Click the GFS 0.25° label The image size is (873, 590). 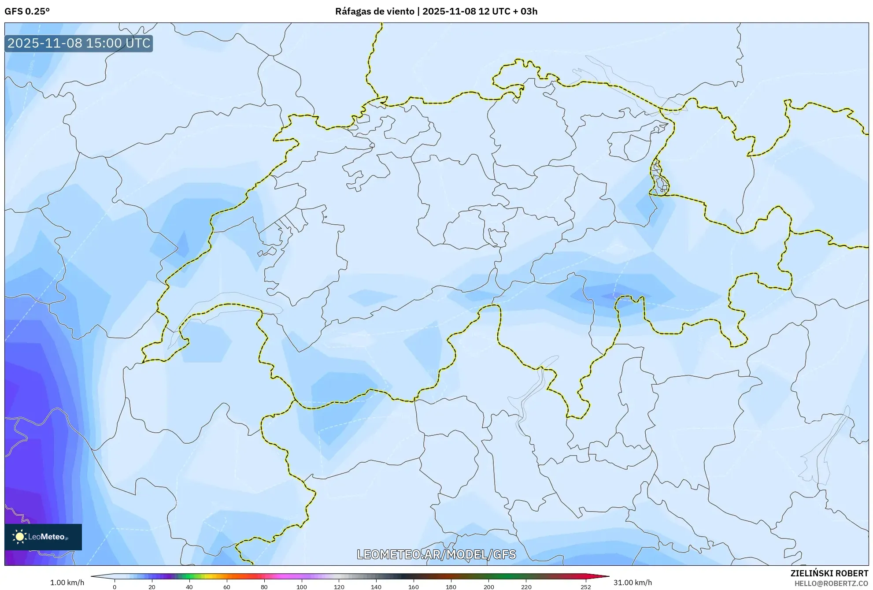tap(27, 11)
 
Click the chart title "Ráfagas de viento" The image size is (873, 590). tap(374, 11)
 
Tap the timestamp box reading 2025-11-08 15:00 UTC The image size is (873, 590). tap(79, 43)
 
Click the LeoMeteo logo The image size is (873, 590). tap(43, 537)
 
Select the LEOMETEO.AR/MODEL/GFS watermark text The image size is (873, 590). tap(436, 554)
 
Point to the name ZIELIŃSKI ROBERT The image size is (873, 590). tap(829, 573)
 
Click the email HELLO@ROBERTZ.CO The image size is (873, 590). tap(831, 583)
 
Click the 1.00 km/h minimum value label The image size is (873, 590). tap(67, 583)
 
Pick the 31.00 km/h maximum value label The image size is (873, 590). tap(633, 583)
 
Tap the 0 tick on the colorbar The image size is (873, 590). tap(115, 586)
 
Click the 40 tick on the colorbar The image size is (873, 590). tap(189, 586)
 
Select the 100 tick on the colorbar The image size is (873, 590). tap(302, 586)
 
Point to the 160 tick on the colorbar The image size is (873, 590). tap(414, 586)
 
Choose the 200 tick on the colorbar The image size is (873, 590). tap(489, 586)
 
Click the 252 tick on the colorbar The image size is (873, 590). tap(586, 586)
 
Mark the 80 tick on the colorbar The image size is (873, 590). tap(264, 586)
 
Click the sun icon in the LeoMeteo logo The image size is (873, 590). tap(19, 537)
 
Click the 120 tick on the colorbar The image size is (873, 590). tap(339, 586)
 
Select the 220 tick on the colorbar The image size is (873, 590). tap(526, 586)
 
